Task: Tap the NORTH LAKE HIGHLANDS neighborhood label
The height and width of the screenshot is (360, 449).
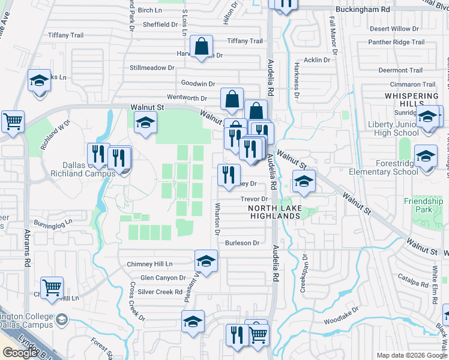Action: [x=273, y=212]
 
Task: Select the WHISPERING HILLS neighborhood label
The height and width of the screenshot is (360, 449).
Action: [x=412, y=100]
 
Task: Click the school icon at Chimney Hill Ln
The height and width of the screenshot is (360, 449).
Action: [x=206, y=261]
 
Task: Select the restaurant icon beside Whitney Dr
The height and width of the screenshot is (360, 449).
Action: [x=228, y=175]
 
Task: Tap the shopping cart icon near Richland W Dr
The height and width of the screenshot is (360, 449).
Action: [x=13, y=122]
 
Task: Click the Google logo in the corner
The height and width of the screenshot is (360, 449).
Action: [x=19, y=353]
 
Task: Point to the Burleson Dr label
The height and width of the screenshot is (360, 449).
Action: [x=242, y=243]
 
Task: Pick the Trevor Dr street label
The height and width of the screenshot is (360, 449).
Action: [x=253, y=199]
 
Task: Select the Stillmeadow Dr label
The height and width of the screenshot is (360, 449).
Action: [x=152, y=68]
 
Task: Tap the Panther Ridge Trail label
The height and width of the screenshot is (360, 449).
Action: [x=396, y=42]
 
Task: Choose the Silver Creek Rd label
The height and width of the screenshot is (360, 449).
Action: [x=160, y=292]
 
